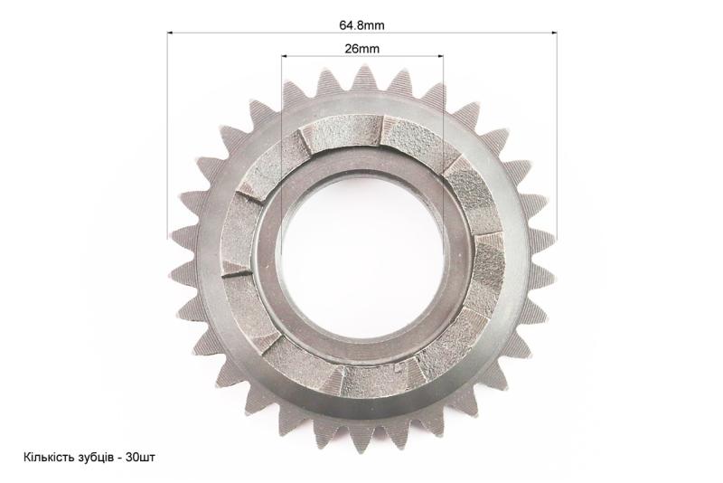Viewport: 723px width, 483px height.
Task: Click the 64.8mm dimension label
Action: [x=361, y=25]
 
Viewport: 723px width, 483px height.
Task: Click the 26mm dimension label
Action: [x=362, y=49]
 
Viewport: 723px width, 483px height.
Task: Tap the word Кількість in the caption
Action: [x=48, y=457]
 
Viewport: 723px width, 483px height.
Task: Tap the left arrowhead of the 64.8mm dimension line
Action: [x=170, y=33]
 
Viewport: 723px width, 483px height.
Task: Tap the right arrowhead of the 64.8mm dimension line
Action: [x=554, y=33]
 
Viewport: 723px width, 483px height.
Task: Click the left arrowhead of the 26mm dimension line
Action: [x=284, y=56]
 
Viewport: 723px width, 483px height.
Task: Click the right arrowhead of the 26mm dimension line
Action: [x=440, y=56]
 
